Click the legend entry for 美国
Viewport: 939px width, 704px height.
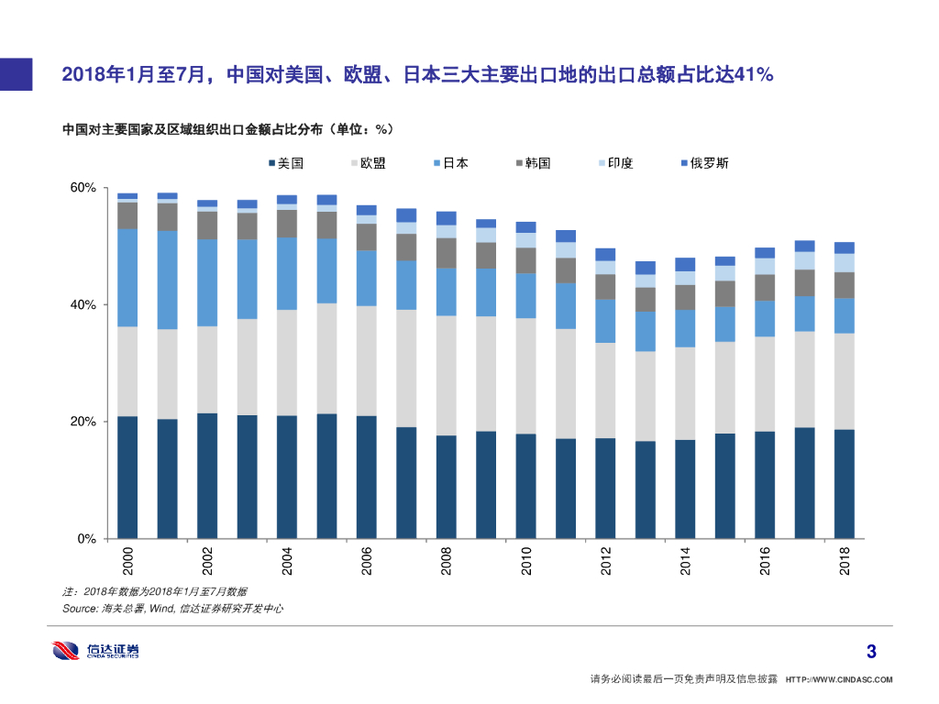(x=287, y=163)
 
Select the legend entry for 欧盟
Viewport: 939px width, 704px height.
(x=368, y=163)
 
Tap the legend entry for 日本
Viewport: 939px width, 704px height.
(x=450, y=163)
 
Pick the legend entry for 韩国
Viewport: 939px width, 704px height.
(x=533, y=163)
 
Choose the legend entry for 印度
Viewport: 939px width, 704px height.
(x=615, y=163)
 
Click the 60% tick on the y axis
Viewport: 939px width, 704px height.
(x=83, y=188)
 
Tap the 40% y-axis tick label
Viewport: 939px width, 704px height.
(x=83, y=304)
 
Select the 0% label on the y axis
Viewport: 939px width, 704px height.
(x=87, y=539)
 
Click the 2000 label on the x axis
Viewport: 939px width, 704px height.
(x=127, y=561)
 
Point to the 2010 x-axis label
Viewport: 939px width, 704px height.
(x=526, y=561)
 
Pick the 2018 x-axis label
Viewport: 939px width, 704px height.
(x=845, y=561)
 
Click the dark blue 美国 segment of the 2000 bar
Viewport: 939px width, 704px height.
(x=127, y=477)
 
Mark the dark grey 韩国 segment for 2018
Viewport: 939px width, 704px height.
(x=845, y=285)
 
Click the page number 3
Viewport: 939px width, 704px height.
(x=871, y=653)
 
